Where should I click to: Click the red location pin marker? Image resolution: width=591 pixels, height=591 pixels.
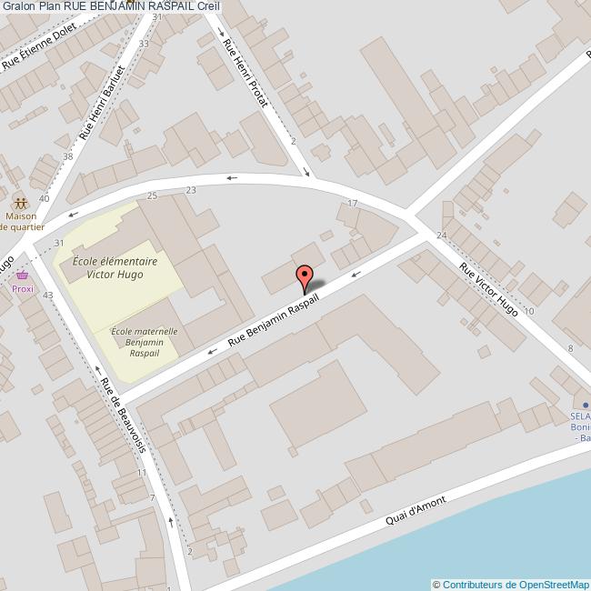(305, 275)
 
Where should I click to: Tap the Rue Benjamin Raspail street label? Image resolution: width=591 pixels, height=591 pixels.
(275, 322)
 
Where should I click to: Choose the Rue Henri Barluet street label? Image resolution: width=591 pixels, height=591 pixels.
(101, 102)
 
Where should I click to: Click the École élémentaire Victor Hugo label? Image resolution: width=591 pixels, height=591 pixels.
(115, 266)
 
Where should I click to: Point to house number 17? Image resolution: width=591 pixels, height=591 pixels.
(353, 203)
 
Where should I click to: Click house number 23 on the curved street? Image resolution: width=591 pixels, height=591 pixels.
(191, 190)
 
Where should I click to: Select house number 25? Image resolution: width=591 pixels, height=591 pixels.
(152, 196)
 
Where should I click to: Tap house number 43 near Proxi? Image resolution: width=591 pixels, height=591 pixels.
(48, 295)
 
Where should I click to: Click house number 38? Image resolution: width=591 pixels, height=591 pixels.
(67, 156)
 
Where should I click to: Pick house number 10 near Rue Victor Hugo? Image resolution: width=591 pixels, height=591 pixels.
(529, 311)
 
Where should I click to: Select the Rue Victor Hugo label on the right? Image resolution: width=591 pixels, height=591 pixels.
(489, 290)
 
